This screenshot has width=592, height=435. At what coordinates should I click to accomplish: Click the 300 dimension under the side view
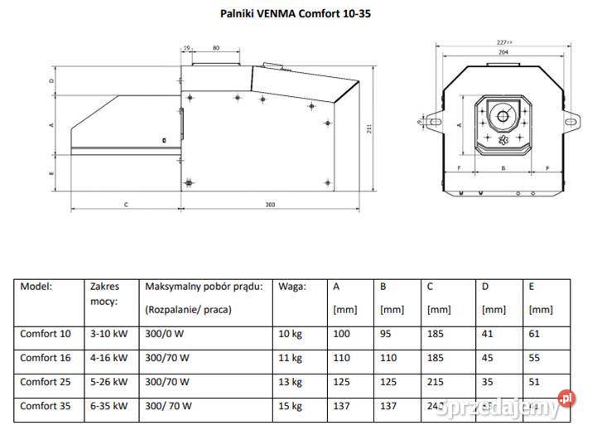[x=270, y=204]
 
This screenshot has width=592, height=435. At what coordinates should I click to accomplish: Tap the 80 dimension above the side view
[x=216, y=48]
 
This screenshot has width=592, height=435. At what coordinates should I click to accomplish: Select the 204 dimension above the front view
[x=503, y=51]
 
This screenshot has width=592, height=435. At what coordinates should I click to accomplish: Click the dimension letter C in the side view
[x=126, y=204]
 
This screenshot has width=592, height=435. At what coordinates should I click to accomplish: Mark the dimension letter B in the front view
[x=503, y=167]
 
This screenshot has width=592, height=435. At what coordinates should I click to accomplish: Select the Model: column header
[x=36, y=287]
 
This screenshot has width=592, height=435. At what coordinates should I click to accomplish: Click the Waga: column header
[x=292, y=287]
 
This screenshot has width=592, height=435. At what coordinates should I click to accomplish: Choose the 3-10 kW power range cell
[x=108, y=334]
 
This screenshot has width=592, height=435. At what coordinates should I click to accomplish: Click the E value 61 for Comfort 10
[x=534, y=334]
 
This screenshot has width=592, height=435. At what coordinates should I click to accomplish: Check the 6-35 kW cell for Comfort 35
[x=108, y=406]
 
